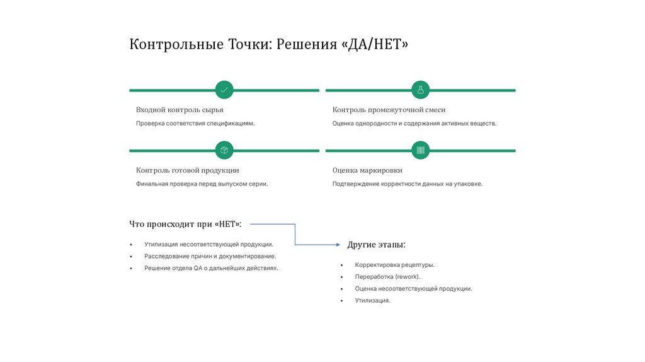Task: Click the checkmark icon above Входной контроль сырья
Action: click(x=224, y=90)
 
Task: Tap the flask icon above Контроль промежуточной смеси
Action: click(x=421, y=90)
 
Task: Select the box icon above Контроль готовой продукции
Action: click(x=224, y=150)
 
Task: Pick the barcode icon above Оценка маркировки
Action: click(x=421, y=150)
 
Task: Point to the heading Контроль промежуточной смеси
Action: click(x=389, y=110)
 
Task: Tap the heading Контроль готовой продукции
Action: click(x=187, y=170)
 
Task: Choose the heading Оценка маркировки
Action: click(x=367, y=170)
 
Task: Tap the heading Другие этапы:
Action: click(x=376, y=244)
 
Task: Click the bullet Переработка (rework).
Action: click(x=387, y=277)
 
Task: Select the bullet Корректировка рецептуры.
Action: click(x=394, y=266)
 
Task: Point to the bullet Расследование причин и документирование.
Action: click(x=210, y=257)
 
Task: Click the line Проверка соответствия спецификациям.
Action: click(x=195, y=124)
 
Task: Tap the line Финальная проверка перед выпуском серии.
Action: click(x=202, y=184)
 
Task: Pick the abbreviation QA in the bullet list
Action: click(x=198, y=268)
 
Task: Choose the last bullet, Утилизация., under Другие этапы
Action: click(x=372, y=301)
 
